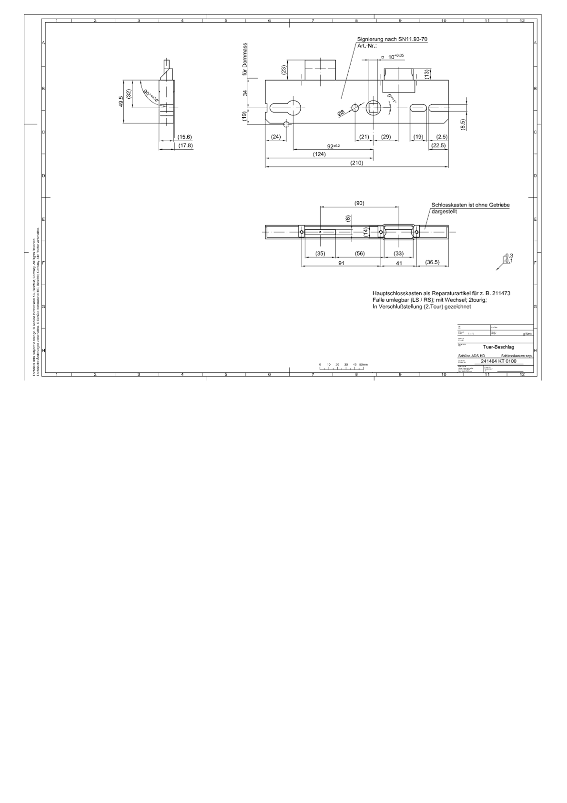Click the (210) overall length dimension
356,163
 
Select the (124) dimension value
319,154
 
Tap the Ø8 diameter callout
341,113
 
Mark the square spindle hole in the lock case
373,108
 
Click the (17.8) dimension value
185,145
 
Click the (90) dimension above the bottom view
359,203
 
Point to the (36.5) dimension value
432,262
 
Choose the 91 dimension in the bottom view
341,263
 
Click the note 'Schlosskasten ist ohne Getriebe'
470,205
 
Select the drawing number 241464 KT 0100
498,361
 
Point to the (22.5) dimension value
438,145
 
